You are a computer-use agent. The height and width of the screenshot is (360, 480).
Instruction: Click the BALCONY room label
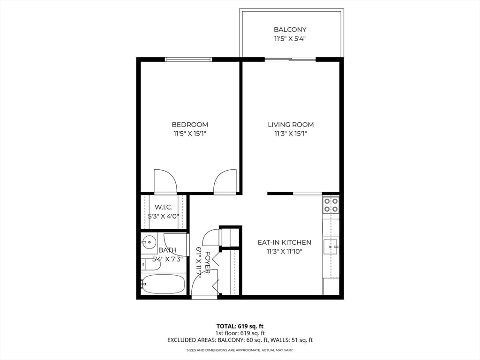point(290,30)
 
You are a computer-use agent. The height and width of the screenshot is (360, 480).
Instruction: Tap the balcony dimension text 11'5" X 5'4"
point(290,39)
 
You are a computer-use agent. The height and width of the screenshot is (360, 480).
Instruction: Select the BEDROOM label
point(190,125)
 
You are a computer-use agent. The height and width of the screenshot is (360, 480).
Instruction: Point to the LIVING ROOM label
point(291,125)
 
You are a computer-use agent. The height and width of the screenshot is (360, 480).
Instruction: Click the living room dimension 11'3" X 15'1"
point(291,134)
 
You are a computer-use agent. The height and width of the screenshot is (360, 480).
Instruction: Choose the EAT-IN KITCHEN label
point(285,242)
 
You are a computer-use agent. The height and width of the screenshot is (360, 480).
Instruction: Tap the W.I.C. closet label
point(164,207)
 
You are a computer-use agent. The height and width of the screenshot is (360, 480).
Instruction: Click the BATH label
point(167,250)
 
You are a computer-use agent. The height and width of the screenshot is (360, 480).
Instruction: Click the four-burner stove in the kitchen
point(331,205)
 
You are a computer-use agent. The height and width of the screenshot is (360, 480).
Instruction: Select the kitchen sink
point(330,246)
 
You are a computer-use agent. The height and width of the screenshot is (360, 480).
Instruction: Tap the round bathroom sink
point(149,242)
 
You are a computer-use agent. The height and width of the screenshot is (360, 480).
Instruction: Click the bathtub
point(164,284)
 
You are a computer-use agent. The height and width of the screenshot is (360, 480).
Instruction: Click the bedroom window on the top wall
point(188,60)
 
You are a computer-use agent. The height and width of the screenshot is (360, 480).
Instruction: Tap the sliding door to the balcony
point(290,60)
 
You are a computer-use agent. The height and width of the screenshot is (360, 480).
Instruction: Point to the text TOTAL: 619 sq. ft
point(240,326)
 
